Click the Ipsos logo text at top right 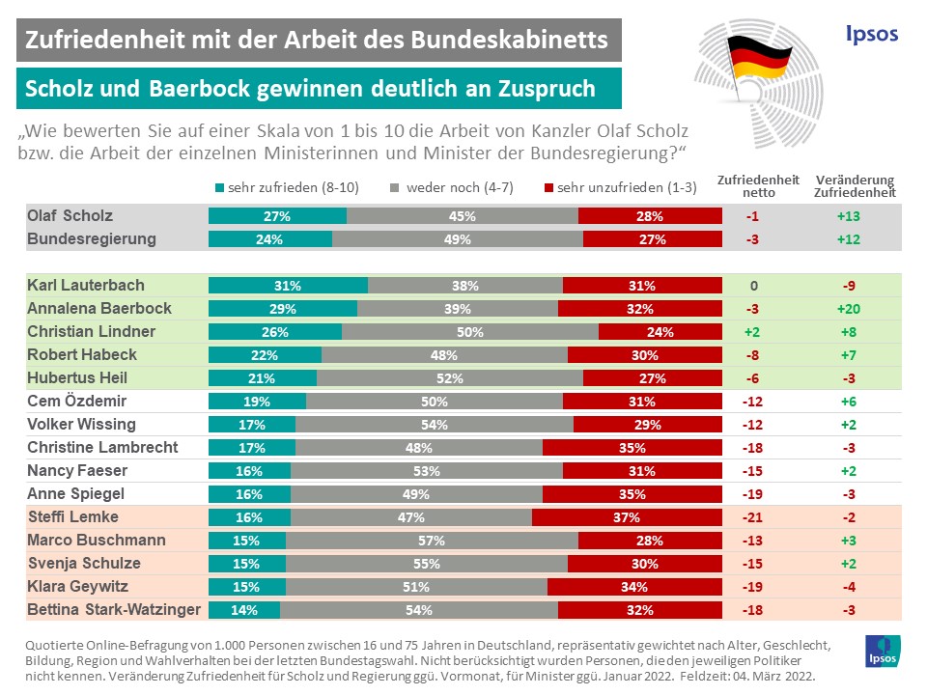click(x=871, y=34)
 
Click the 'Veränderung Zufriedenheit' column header click(x=855, y=186)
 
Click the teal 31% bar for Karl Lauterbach click(x=288, y=285)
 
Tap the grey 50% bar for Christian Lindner click(x=470, y=331)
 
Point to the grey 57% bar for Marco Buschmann click(x=432, y=540)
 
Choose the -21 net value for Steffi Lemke click(x=752, y=516)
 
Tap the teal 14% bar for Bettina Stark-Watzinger click(x=244, y=609)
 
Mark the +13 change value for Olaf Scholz click(x=849, y=216)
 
